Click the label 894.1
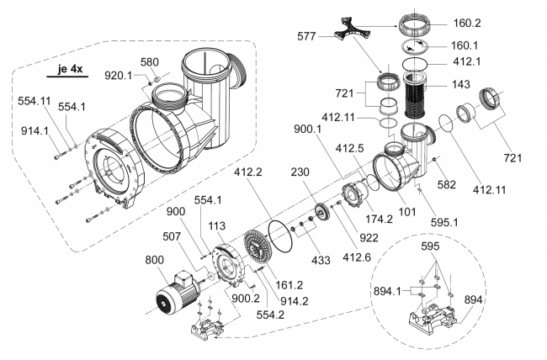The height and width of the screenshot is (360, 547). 385,290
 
